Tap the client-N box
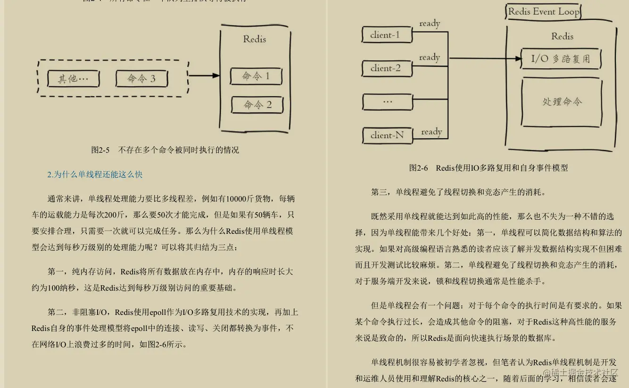click(x=387, y=135)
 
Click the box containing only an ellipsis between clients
click(x=387, y=101)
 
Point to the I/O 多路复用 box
click(x=561, y=59)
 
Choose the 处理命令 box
click(x=562, y=102)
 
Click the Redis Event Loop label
click(x=544, y=12)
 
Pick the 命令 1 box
click(x=257, y=76)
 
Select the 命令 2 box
click(x=257, y=105)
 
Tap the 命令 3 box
click(x=141, y=79)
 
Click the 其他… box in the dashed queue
click(x=73, y=79)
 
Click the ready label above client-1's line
click(x=430, y=24)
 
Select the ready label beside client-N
click(x=431, y=132)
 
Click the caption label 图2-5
click(x=100, y=150)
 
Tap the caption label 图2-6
click(x=418, y=168)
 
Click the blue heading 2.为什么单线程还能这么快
click(x=95, y=174)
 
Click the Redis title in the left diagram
click(x=255, y=39)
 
